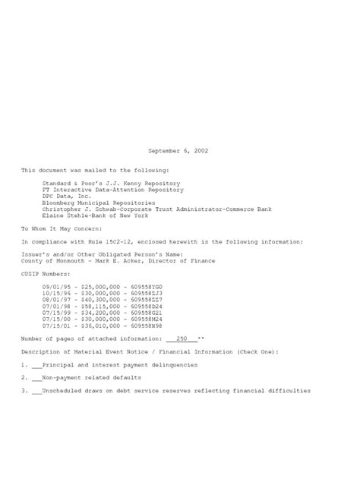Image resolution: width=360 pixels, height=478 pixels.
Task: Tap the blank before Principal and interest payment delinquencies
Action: coord(36,364)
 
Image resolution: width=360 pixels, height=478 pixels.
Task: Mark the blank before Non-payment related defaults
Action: coord(36,377)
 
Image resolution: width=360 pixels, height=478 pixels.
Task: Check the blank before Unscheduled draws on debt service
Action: coord(36,390)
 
